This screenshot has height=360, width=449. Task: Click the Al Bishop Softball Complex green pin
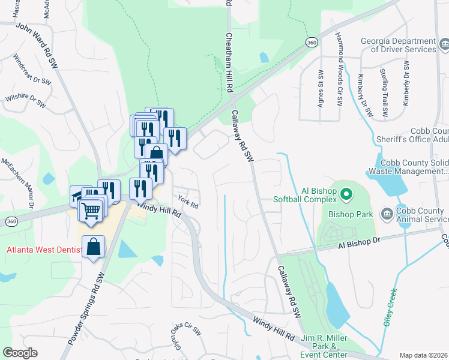[346, 194]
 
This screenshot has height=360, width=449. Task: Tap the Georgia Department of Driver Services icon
[444, 43]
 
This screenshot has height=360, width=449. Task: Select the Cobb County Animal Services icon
[386, 214]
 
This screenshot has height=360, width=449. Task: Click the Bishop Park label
[351, 214]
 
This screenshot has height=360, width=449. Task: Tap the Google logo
[20, 353]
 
